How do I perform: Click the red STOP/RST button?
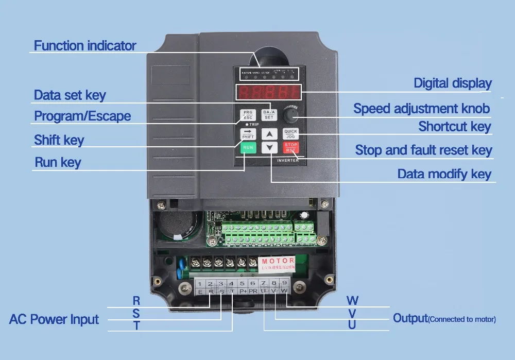[291, 147]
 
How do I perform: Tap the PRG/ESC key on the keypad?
[248, 115]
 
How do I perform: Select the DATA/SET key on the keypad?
[269, 115]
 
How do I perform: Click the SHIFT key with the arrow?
[248, 134]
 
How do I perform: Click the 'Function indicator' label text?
[85, 45]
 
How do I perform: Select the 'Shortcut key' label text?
[454, 126]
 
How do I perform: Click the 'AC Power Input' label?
[54, 319]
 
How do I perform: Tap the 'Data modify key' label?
[444, 174]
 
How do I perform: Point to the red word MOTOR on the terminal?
[278, 261]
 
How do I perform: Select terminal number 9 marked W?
[284, 287]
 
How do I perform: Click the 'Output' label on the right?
[410, 318]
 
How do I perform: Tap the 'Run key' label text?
[58, 163]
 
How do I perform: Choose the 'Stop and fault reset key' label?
[423, 150]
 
